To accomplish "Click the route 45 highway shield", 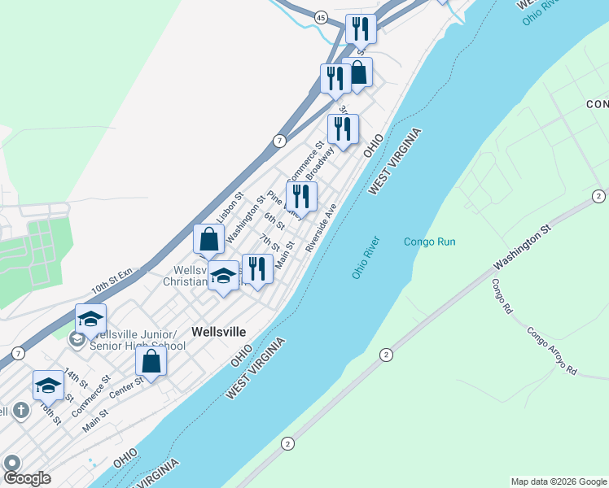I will pos(321,17).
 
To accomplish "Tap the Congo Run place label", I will pos(429,242).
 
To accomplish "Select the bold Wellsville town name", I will pos(219,331).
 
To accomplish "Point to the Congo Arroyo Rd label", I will pos(551,351).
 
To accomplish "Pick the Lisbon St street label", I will pos(231,207).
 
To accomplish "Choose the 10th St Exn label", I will pos(112,282).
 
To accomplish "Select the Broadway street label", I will pos(321,163).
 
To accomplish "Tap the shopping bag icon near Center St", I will pos(151,362).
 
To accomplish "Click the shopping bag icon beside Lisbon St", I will pos(208,239).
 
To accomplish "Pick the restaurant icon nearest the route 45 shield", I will pos(359,29).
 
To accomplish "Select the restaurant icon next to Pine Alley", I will pos(302,196).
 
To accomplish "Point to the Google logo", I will pos(26,478).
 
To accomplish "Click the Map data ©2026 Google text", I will pos(559,481).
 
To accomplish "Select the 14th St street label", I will pos(76,377).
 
